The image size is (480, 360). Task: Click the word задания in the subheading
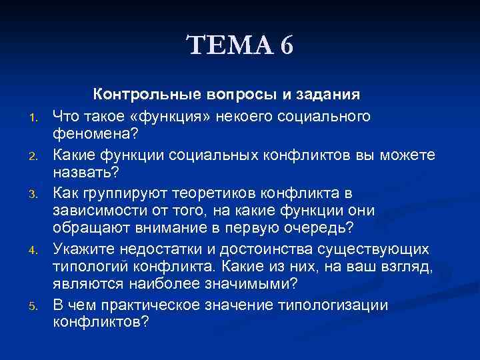[330, 95]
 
